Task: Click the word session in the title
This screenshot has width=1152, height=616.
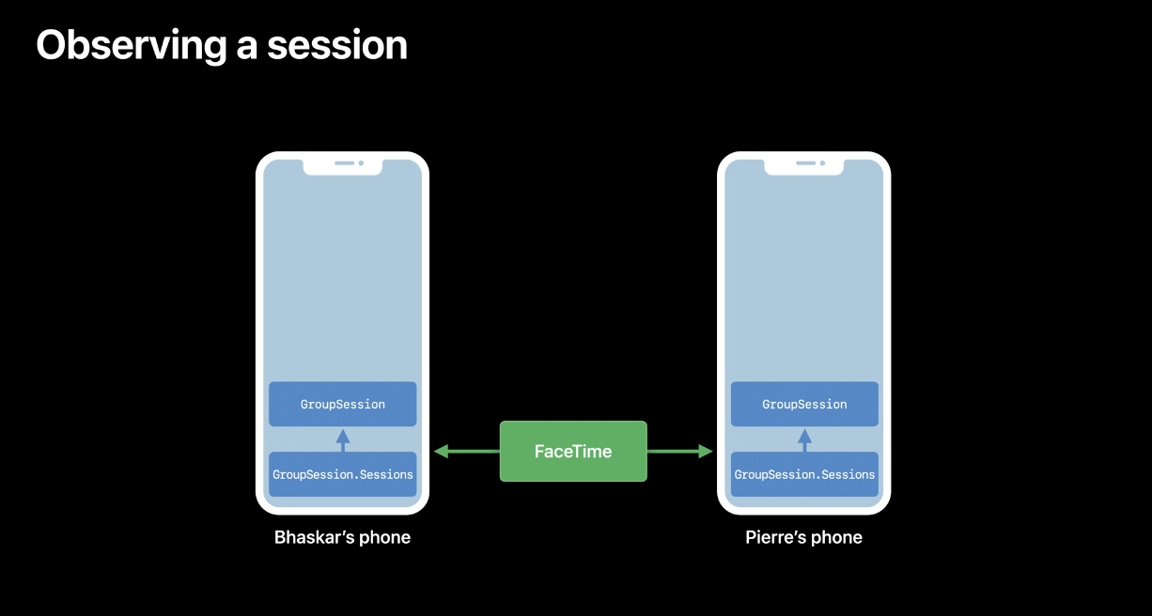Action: click(335, 45)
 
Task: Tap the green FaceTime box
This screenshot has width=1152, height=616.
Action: click(573, 452)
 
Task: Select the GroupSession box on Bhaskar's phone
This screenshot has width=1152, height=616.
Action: click(343, 404)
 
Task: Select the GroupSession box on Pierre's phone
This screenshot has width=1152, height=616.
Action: click(804, 404)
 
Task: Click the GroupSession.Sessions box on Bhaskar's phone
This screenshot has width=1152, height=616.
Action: click(343, 474)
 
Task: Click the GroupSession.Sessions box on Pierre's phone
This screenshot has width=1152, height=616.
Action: click(804, 474)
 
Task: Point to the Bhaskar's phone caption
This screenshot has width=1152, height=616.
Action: click(342, 538)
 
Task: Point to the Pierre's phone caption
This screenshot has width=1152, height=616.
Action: click(803, 538)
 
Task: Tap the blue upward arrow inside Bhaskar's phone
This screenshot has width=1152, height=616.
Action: click(343, 439)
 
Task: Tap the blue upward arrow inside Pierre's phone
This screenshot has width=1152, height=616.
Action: click(804, 439)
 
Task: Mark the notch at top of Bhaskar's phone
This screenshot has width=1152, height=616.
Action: click(343, 165)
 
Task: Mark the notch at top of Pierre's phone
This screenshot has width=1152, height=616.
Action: click(804, 165)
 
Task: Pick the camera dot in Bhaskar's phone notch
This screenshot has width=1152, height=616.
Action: click(362, 163)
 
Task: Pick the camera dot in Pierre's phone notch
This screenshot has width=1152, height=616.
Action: click(823, 163)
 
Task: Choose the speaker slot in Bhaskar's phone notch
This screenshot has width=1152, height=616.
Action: click(344, 163)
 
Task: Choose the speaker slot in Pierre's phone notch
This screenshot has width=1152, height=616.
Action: click(805, 163)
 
